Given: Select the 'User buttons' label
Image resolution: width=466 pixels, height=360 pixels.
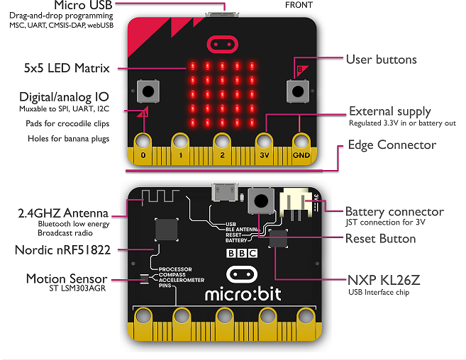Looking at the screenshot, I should point(381,60).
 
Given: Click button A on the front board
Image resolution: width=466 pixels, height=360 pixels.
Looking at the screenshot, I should point(147,91).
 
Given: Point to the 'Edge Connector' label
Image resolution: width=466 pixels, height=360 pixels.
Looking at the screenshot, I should point(391,145).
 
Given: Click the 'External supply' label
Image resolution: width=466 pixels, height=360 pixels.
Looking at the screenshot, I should point(389,111).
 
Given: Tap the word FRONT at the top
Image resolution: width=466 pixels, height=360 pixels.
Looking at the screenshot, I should point(299,5).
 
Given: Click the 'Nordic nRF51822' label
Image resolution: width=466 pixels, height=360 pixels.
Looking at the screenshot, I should point(66,249).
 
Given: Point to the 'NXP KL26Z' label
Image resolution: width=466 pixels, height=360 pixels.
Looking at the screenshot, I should point(384,278).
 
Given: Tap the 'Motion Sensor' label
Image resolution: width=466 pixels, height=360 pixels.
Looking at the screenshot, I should point(67,278).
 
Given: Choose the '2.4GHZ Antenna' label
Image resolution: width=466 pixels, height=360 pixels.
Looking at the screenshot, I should point(63,213).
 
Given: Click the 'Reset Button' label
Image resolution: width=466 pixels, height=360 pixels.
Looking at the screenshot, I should point(380,238).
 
